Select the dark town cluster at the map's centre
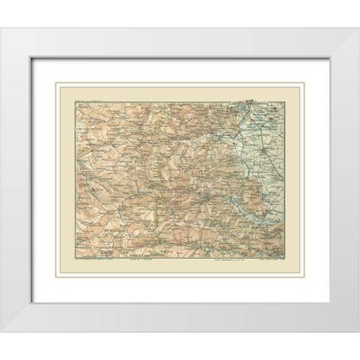point(204,199)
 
